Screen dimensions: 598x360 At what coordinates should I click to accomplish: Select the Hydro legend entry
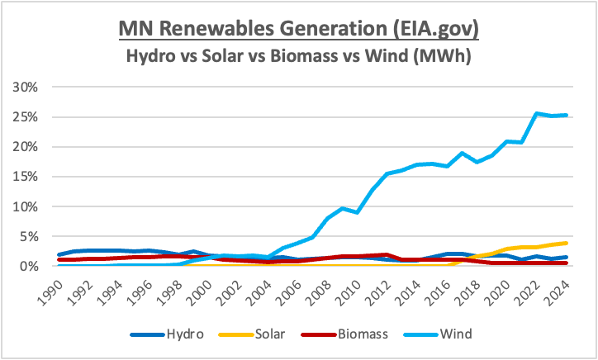[167, 334]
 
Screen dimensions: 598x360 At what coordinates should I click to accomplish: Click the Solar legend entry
[252, 334]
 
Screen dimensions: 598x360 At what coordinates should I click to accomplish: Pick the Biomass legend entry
[344, 334]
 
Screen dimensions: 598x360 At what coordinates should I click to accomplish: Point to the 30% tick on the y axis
[25, 88]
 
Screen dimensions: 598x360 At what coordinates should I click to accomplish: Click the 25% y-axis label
[25, 117]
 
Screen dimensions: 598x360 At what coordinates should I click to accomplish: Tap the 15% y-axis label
[25, 177]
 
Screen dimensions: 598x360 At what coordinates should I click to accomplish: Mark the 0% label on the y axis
[29, 266]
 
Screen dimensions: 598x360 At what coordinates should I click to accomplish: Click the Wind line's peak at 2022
[537, 113]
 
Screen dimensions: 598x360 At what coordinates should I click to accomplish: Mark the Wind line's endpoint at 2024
[567, 115]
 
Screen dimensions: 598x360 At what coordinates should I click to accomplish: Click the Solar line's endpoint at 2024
[567, 243]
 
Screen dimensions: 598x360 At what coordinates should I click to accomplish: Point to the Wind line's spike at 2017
[463, 154]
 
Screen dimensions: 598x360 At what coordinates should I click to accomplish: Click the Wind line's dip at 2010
[358, 212]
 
